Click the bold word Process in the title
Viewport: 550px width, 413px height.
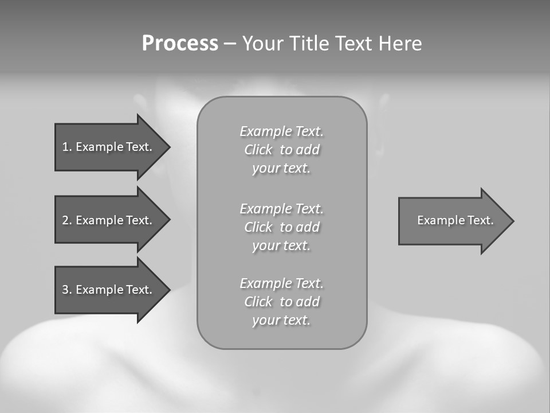pos(180,44)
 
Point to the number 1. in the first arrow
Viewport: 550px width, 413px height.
pos(67,147)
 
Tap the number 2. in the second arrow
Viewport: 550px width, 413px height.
pos(67,220)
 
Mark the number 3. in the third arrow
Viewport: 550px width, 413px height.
pos(67,290)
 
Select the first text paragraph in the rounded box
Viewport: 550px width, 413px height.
pos(281,150)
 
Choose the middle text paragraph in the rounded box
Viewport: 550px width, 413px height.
pos(281,227)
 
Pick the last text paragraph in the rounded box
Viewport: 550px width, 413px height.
pos(281,302)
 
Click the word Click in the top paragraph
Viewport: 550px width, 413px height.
pos(258,150)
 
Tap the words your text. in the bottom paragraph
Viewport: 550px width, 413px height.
pos(281,320)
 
